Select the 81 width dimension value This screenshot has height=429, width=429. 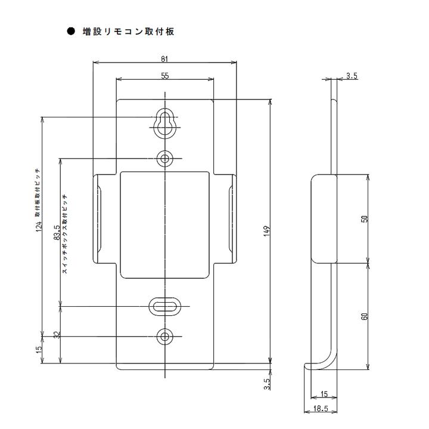[165, 58]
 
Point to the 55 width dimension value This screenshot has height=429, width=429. [165, 75]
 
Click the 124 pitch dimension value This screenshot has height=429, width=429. [39, 227]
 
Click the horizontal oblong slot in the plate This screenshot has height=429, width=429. [165, 307]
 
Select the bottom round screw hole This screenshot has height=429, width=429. [165, 337]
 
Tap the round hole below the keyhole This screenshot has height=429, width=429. [165, 158]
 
